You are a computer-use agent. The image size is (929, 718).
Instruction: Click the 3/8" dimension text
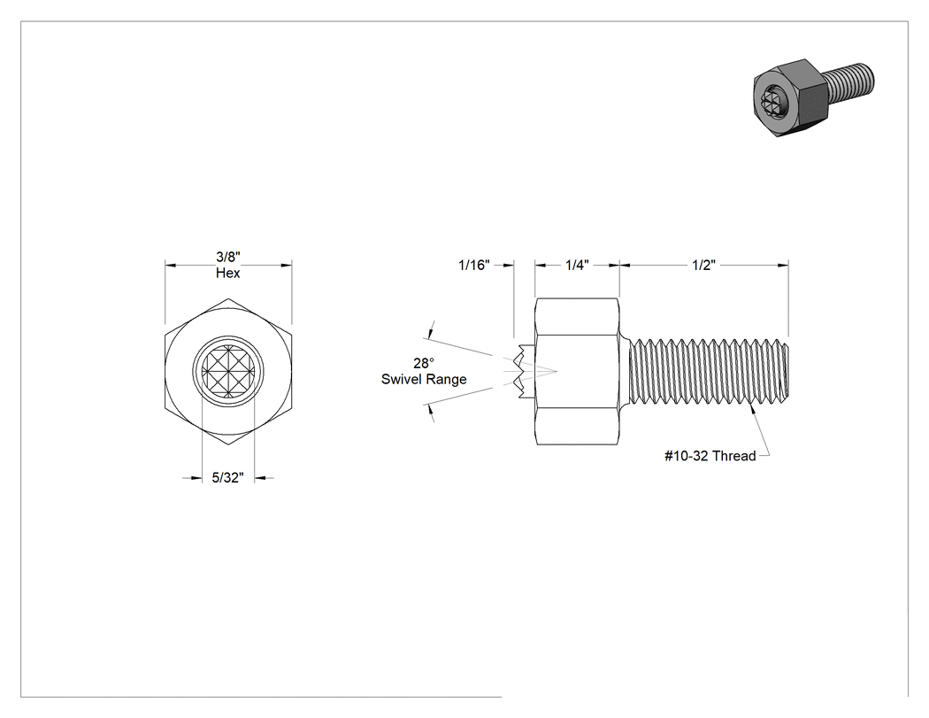(x=228, y=257)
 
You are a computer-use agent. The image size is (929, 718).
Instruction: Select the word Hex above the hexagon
(x=228, y=273)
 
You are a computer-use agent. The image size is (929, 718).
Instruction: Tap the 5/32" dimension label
(x=228, y=478)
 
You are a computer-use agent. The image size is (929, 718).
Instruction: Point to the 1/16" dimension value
(x=474, y=265)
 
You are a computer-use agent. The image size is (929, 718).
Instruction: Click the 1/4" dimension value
(x=577, y=265)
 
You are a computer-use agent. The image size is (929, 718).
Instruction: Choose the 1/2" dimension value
(x=704, y=265)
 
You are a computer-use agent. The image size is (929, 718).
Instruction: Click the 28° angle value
(x=424, y=363)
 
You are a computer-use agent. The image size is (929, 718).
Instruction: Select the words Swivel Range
(x=424, y=380)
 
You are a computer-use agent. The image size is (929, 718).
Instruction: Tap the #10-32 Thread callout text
(x=710, y=456)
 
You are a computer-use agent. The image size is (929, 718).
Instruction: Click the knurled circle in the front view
(x=228, y=372)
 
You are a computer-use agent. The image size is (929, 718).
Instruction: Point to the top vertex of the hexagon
(x=228, y=298)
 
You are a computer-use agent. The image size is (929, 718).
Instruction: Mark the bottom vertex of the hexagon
(x=228, y=445)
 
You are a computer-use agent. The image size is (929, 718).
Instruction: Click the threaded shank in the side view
(x=709, y=372)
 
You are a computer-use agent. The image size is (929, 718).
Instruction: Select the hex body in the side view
(x=577, y=372)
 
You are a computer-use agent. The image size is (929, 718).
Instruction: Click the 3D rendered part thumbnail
(x=813, y=98)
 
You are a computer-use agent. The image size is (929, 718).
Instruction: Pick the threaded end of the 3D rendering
(x=850, y=81)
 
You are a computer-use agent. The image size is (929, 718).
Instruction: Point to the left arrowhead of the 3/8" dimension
(x=171, y=265)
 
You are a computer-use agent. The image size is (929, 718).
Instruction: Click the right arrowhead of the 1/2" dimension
(x=783, y=265)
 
